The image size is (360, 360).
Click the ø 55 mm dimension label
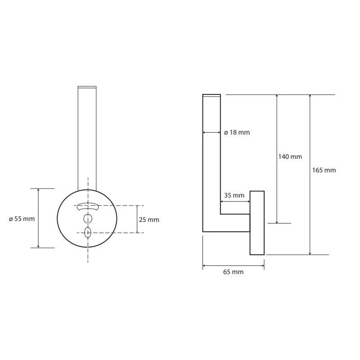point(22,219)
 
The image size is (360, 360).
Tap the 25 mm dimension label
point(149,220)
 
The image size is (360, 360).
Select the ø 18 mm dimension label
point(237,132)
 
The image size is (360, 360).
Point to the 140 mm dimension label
point(290,157)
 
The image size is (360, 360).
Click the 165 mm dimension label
point(324,171)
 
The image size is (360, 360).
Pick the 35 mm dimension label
point(234,195)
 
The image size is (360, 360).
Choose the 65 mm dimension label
point(233,272)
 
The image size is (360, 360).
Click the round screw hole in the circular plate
point(88,219)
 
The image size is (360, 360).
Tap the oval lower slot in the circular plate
point(88,233)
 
